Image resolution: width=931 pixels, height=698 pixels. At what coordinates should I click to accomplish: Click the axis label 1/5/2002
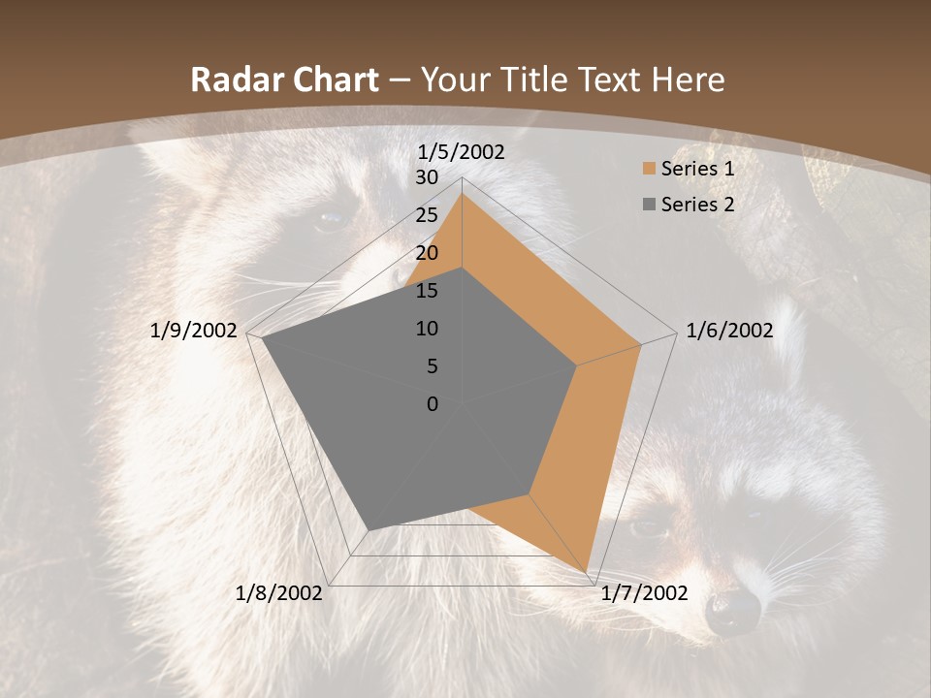click(x=462, y=152)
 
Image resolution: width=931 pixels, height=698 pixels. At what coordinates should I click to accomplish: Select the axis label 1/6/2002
click(x=729, y=331)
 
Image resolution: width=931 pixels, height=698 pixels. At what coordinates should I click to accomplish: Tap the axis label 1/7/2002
click(x=644, y=593)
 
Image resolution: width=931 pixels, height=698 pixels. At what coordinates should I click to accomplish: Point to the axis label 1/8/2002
click(x=279, y=593)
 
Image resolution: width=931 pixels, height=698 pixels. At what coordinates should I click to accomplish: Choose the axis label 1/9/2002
click(x=194, y=331)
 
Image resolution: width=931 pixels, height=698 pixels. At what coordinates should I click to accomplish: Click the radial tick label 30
click(x=427, y=177)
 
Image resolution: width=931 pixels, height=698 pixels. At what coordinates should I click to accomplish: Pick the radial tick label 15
click(x=427, y=291)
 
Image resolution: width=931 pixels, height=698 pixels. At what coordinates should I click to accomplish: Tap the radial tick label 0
click(x=433, y=404)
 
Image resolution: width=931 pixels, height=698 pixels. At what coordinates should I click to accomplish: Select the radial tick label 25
click(x=427, y=215)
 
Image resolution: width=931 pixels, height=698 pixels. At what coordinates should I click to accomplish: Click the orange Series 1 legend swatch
click(x=649, y=169)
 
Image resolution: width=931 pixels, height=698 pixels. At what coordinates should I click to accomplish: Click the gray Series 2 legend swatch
click(x=649, y=205)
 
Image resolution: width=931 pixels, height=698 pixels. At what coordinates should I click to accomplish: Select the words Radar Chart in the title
click(x=284, y=79)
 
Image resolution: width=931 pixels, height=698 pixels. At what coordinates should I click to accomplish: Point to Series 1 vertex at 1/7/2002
click(x=587, y=573)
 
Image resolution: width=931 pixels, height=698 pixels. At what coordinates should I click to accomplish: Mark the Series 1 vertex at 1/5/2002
click(x=462, y=193)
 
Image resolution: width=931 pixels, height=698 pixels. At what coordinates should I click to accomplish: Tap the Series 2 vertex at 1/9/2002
click(x=263, y=338)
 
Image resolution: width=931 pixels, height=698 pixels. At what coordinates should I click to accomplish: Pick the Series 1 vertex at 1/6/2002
click(x=641, y=344)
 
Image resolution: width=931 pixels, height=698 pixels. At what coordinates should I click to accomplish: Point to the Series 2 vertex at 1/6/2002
click(x=577, y=365)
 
